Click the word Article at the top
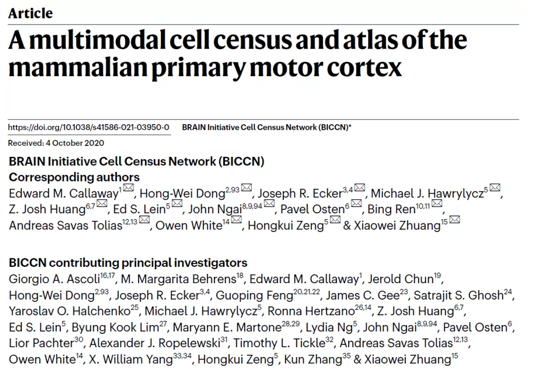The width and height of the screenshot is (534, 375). tap(31, 13)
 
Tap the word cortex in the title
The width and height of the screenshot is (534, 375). tap(364, 68)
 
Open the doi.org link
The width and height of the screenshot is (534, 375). tap(89, 127)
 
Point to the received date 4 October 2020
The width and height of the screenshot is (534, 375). tap(75, 143)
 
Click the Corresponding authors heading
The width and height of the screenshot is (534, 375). tap(74, 177)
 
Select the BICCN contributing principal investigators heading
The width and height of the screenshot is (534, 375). tap(128, 263)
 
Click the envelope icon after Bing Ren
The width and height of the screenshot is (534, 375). tap(437, 203)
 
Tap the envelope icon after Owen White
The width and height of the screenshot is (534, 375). tap(236, 220)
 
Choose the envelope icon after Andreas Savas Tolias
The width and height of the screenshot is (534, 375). tap(144, 220)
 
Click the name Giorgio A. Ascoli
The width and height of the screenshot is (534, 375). tap(54, 279)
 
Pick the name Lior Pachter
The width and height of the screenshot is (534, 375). tap(41, 343)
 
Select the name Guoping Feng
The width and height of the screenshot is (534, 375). tap(254, 295)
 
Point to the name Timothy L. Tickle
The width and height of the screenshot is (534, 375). tap(279, 343)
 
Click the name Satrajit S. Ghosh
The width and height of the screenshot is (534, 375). tap(458, 295)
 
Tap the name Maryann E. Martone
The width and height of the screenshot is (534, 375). tap(227, 327)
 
